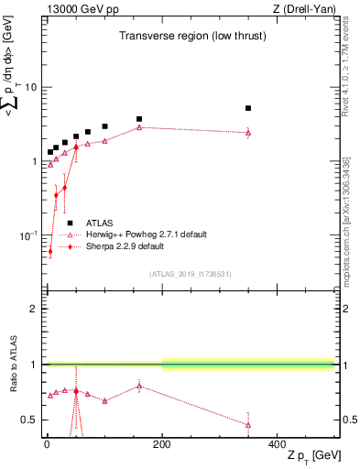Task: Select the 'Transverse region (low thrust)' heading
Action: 188,37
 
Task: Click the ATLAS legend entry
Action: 100,223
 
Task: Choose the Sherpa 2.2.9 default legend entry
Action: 125,246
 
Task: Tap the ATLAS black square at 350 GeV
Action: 248,108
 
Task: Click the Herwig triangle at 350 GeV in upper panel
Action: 248,133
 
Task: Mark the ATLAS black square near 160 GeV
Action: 139,119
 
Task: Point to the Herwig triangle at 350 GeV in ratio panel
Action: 248,425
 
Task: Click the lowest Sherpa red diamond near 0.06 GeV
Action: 50,251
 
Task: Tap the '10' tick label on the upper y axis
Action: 30,88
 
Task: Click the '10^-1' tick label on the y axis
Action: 27,236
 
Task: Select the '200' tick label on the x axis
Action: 162,443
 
